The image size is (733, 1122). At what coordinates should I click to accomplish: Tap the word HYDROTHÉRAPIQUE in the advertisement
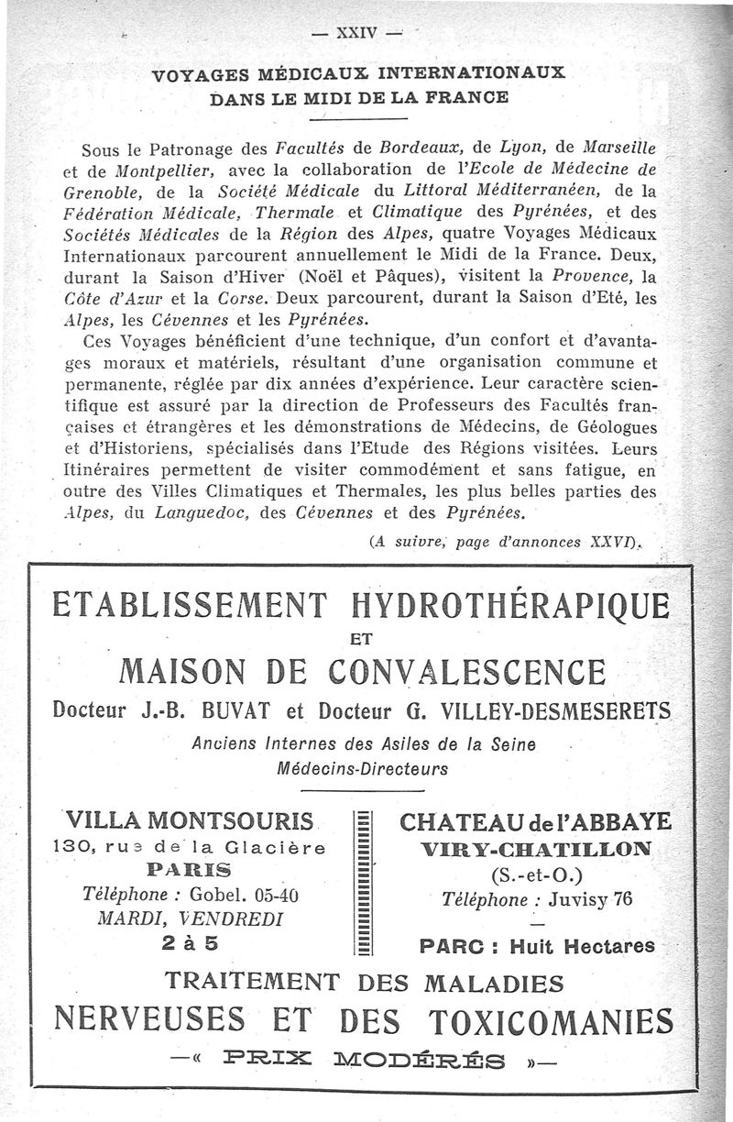click(511, 606)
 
